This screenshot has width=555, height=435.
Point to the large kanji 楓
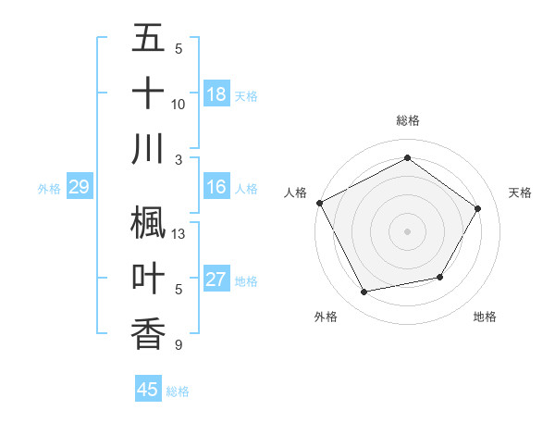[148, 222]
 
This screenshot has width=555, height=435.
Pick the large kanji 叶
[148, 278]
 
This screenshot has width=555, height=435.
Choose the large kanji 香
[148, 333]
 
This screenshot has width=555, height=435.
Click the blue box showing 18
[216, 93]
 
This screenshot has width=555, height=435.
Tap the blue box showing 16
[216, 187]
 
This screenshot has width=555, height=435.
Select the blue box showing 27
[216, 280]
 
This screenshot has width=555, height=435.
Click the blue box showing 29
[79, 188]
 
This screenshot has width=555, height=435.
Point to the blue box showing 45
[148, 390]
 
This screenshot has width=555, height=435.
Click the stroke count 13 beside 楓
[179, 234]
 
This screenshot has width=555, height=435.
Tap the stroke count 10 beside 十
[179, 105]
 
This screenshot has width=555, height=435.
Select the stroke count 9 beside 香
[179, 345]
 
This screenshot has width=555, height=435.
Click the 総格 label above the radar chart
[407, 120]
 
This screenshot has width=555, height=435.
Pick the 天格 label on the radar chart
[520, 193]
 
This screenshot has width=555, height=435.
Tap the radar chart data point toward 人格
[319, 203]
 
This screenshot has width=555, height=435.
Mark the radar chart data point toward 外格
[364, 292]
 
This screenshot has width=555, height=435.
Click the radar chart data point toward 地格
[440, 278]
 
